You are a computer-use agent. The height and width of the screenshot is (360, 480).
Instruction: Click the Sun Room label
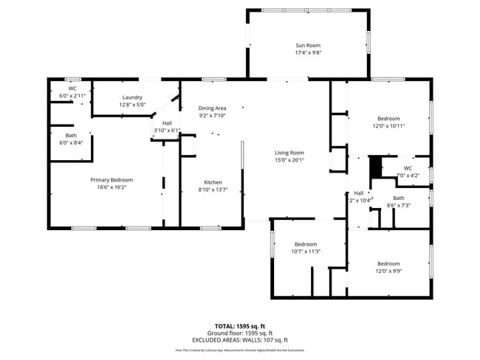coord(307,46)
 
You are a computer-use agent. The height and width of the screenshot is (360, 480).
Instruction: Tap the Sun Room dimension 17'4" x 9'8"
coord(307,53)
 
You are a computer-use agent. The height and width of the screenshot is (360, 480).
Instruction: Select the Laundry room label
coord(132,97)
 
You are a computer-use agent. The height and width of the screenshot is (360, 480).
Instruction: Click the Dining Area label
coord(212,108)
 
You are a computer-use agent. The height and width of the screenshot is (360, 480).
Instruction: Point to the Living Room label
coord(289,153)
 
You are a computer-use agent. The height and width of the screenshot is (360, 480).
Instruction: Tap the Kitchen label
coord(213,182)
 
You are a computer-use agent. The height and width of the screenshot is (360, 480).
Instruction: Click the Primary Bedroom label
coord(112,180)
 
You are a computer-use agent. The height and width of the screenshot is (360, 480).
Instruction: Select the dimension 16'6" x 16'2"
coord(112,187)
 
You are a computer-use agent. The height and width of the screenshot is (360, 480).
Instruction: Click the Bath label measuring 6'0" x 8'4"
coord(71,135)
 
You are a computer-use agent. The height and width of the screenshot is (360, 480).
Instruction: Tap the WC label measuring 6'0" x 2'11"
coord(72,89)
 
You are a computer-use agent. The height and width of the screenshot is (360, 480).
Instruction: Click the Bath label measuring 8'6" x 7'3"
coord(399,198)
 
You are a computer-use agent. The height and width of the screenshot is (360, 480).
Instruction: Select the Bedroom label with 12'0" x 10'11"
coord(388,118)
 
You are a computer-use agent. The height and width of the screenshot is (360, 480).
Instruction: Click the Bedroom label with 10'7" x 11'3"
coord(305,243)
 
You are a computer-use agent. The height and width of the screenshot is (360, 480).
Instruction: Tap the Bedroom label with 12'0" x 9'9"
coord(388,263)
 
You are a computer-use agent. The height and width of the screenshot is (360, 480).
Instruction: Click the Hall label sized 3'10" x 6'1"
coord(167,123)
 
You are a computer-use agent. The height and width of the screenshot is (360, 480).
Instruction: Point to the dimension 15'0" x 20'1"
coord(289,160)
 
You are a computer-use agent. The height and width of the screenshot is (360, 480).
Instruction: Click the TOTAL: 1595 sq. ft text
coord(240,325)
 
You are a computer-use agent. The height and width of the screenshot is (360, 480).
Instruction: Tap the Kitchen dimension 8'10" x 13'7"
coord(213,190)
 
